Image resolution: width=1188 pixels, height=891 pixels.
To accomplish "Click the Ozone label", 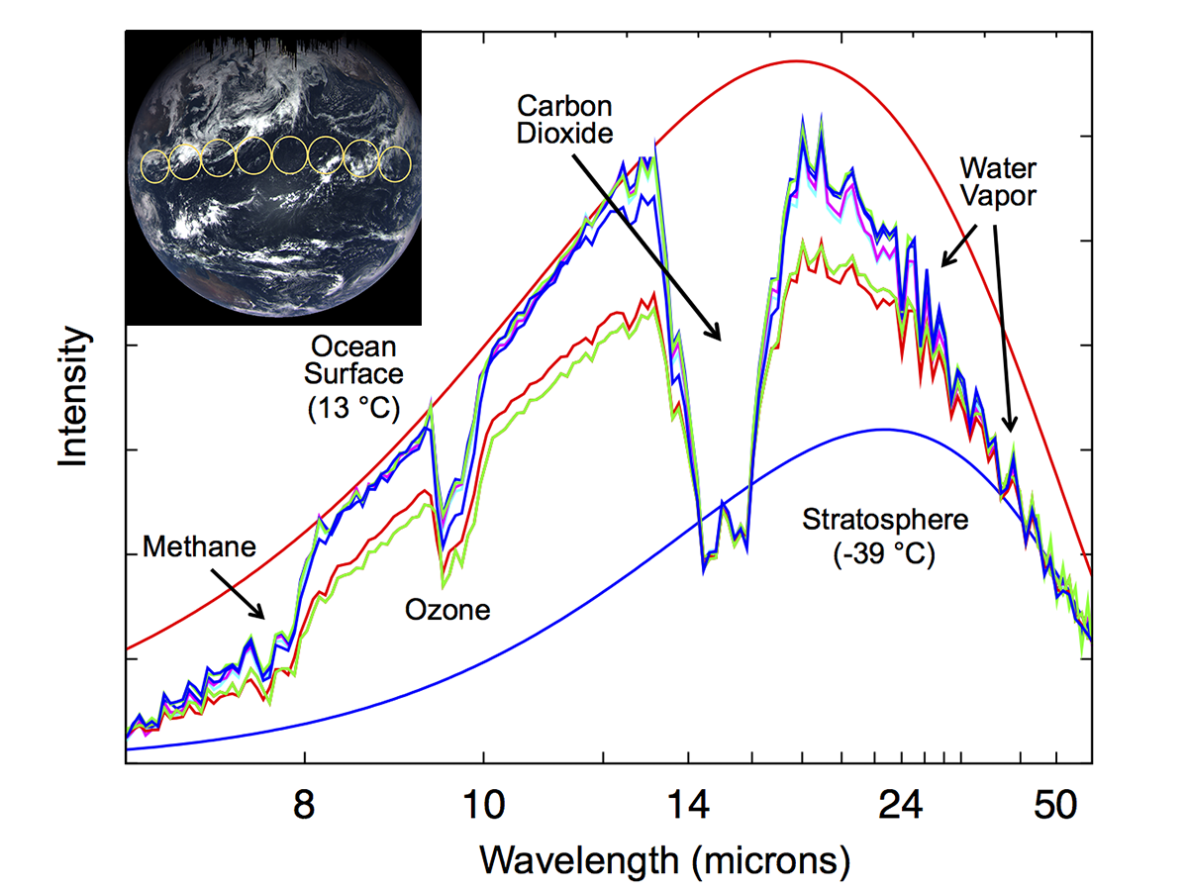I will coord(447,610).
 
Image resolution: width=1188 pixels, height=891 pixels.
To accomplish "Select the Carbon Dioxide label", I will coord(563,119).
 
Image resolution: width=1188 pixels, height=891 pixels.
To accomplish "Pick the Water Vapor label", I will coord(998,180).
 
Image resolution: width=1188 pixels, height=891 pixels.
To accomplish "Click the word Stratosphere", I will coord(870,519).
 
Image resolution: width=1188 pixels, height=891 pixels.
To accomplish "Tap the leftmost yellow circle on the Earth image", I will coord(155,165).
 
